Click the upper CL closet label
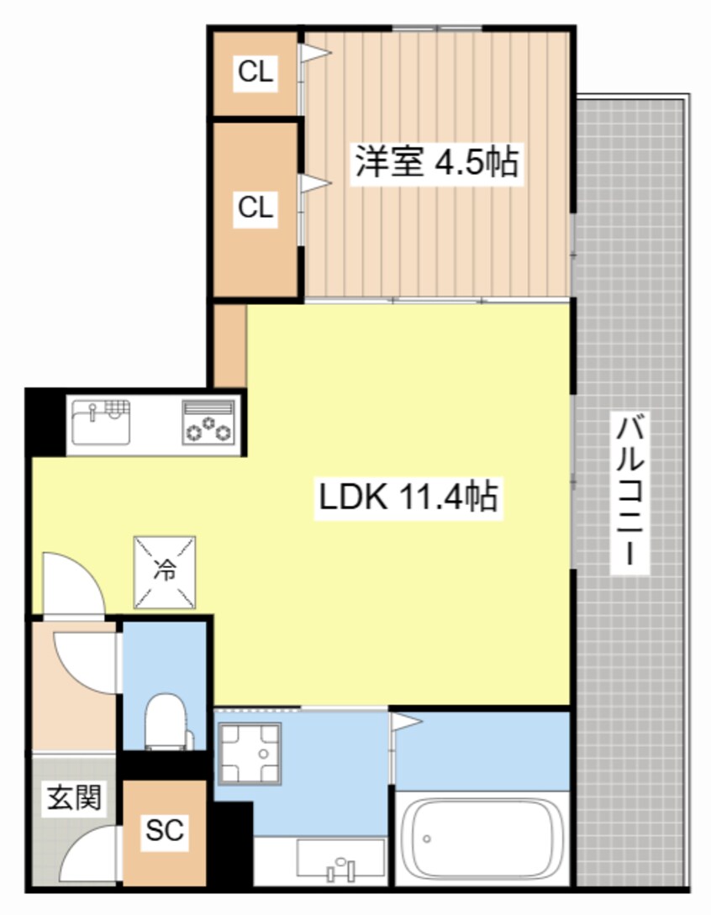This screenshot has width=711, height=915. (x=255, y=73)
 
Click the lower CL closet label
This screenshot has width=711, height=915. (x=255, y=207)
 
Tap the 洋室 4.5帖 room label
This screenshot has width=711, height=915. (x=434, y=162)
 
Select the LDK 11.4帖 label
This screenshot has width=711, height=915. (x=408, y=498)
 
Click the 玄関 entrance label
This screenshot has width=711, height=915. (x=73, y=797)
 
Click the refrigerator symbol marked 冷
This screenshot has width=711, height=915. (x=165, y=571)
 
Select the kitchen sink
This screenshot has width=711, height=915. (x=102, y=423)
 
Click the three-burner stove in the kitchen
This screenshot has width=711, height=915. (x=208, y=421)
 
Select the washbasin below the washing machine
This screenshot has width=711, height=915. (x=340, y=858)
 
